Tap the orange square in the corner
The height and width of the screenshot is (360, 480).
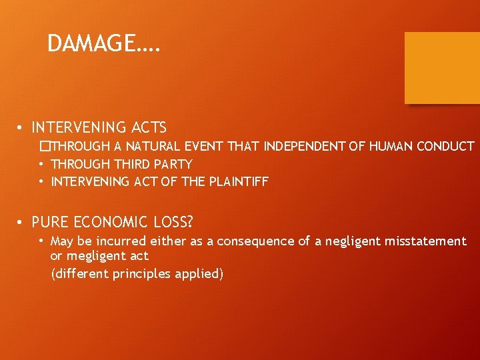[x=442, y=68]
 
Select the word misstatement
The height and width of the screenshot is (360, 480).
[x=425, y=241]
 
